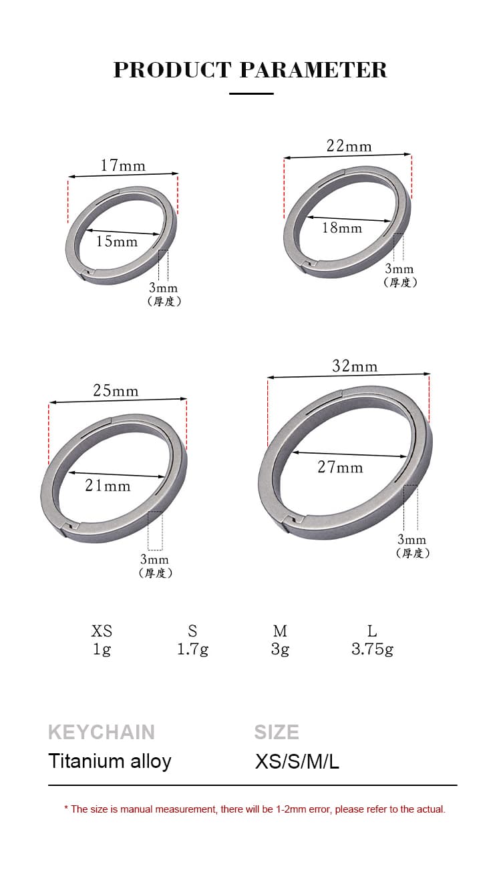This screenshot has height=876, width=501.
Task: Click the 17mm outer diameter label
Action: tap(123, 165)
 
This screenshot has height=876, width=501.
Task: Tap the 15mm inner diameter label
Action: tap(117, 242)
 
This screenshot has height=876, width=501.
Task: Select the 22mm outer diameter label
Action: tap(349, 146)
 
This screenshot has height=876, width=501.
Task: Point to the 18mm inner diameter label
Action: tap(342, 228)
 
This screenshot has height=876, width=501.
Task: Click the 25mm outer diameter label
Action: tap(116, 390)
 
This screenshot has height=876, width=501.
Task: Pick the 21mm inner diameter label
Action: tap(108, 485)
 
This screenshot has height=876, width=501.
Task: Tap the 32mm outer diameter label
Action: tap(355, 366)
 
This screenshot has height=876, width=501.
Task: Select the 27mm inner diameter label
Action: tap(340, 467)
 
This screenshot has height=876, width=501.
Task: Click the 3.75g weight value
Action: tap(372, 650)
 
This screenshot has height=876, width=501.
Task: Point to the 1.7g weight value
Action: tap(192, 650)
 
